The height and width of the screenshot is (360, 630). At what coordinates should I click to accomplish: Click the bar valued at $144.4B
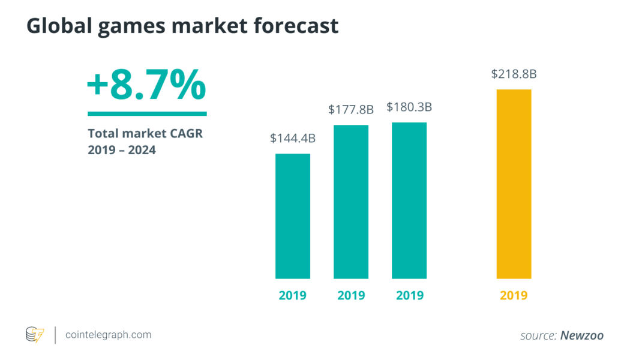pyautogui.click(x=293, y=216)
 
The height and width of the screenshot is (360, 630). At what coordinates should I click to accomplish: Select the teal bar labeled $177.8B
pyautogui.click(x=351, y=202)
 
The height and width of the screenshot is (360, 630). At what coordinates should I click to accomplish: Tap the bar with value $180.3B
pyautogui.click(x=409, y=200)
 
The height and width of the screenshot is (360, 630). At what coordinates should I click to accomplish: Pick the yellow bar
pyautogui.click(x=514, y=184)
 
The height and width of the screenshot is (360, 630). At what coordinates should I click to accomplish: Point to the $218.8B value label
pyautogui.click(x=514, y=74)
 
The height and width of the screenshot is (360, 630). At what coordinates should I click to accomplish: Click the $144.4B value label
pyautogui.click(x=293, y=139)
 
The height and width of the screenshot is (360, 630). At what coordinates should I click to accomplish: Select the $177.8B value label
pyautogui.click(x=351, y=110)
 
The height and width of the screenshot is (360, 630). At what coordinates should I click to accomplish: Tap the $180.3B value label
pyautogui.click(x=409, y=107)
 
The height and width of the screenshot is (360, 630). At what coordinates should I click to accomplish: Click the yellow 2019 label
pyautogui.click(x=514, y=295)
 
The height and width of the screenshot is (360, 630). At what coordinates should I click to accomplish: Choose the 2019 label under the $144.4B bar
pyautogui.click(x=293, y=295)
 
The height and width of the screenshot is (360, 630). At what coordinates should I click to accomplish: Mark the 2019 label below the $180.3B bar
pyautogui.click(x=409, y=295)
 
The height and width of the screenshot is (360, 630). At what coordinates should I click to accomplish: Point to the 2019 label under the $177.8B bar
pyautogui.click(x=351, y=295)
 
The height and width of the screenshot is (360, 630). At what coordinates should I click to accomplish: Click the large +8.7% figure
pyautogui.click(x=146, y=86)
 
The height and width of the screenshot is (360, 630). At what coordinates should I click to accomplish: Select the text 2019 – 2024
pyautogui.click(x=122, y=150)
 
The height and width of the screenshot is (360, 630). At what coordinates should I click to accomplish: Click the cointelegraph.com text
pyautogui.click(x=108, y=335)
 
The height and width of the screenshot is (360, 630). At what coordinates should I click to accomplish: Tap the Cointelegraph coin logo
pyautogui.click(x=35, y=335)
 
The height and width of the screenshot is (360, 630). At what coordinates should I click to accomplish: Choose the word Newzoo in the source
pyautogui.click(x=581, y=335)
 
